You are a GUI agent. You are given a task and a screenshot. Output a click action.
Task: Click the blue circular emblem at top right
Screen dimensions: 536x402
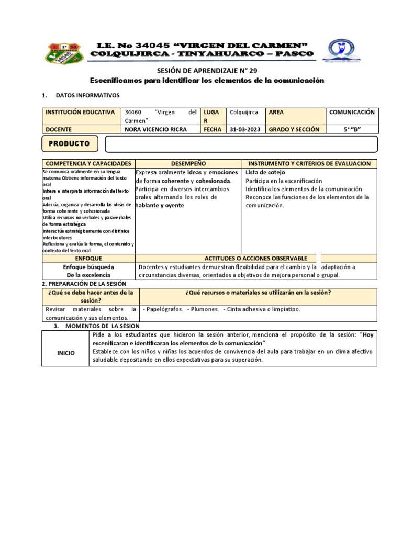point(341,51)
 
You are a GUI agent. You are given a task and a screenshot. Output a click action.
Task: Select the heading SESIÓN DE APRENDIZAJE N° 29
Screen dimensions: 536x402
point(208,71)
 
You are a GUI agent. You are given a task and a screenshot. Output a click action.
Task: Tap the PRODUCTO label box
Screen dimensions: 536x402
point(69,143)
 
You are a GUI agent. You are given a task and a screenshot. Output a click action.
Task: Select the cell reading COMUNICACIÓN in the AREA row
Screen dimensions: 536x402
point(352,112)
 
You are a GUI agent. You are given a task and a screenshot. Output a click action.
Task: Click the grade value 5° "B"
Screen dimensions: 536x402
point(352,129)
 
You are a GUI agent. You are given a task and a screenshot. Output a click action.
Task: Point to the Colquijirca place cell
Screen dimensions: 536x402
point(244,112)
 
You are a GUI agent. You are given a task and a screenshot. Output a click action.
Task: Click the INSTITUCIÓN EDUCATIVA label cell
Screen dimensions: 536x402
point(80,112)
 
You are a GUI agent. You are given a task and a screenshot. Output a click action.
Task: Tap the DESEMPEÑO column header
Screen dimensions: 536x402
point(188,164)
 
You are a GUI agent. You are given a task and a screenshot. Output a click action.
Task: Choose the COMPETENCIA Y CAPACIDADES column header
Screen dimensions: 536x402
point(88,164)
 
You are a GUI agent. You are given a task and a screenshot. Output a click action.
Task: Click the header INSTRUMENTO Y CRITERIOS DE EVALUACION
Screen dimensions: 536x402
point(309,164)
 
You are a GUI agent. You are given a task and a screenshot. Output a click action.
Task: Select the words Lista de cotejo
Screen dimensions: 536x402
point(265,172)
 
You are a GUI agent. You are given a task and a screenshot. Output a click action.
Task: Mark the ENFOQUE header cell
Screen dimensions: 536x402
point(88,259)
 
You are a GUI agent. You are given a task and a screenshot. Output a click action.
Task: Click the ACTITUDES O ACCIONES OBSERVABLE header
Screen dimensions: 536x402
point(255,259)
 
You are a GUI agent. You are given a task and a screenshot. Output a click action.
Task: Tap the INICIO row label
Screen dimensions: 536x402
point(65,353)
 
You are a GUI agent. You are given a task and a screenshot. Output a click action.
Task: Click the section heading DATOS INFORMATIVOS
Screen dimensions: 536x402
point(87,95)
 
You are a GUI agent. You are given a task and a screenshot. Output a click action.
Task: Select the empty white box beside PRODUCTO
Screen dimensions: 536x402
point(241,143)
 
